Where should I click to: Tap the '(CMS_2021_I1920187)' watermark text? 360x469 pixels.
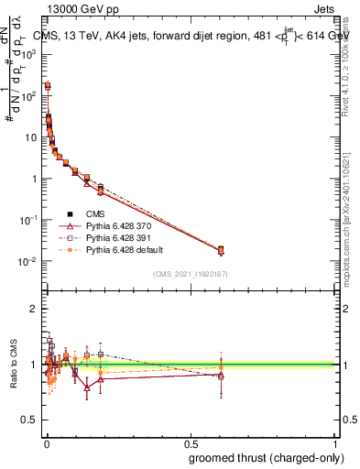[190, 273]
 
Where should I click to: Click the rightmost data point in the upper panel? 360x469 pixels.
[220, 249]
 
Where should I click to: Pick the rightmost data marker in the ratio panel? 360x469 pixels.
[220, 375]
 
